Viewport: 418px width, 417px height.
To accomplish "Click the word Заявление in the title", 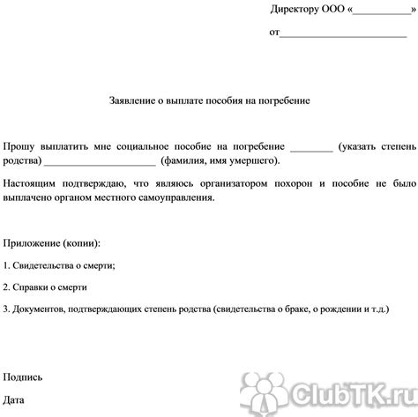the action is pos(135,101).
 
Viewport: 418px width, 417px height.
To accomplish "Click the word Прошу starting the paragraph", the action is pos(19,145).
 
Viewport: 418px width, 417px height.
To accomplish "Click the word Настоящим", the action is pos(30,185).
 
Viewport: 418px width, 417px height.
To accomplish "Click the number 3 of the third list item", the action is pos(5,310).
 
